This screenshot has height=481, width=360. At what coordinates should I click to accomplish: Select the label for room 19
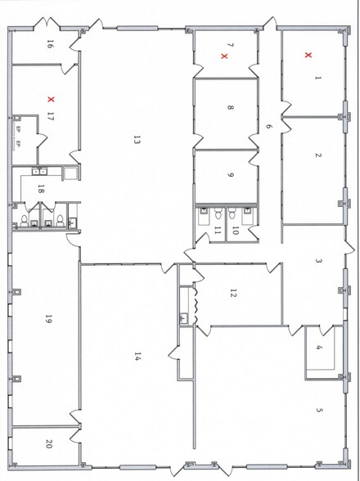(49, 321)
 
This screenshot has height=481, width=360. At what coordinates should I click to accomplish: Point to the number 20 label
(49, 444)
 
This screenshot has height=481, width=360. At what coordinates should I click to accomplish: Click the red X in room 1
(308, 55)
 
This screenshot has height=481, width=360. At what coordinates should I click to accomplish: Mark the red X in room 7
(224, 56)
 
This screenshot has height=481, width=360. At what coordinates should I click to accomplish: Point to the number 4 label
(320, 348)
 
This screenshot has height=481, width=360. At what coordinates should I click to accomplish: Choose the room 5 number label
(320, 411)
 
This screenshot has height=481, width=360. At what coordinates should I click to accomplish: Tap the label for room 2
(318, 155)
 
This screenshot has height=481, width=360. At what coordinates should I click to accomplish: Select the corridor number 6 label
(268, 127)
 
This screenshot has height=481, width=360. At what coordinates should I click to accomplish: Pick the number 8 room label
(231, 107)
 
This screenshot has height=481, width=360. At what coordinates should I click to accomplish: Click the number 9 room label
(231, 173)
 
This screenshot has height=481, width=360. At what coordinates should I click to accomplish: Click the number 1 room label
(318, 79)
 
